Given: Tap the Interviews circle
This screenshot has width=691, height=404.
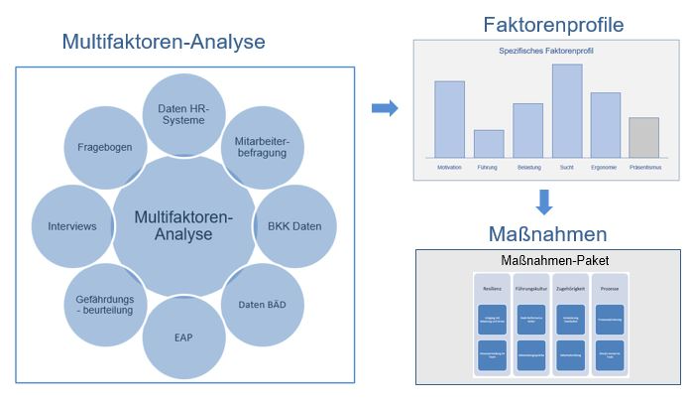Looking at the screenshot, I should click(x=71, y=226).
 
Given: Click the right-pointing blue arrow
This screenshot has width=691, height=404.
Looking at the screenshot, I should click(x=384, y=108).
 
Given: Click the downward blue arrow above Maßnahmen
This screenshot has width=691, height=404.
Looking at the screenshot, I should click(x=543, y=202).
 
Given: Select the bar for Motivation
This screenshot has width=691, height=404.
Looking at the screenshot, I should click(x=449, y=119).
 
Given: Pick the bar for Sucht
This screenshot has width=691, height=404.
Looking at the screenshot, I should click(x=567, y=110).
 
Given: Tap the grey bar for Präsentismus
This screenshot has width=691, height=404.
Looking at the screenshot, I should click(x=643, y=137).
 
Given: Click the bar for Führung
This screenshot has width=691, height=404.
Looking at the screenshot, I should click(x=489, y=143).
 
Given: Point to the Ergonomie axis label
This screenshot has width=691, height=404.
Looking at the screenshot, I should click(x=604, y=168).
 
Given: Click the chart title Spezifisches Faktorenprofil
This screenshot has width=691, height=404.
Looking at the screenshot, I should click(x=546, y=50).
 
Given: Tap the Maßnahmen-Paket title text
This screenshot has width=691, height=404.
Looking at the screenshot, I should click(x=547, y=261).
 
